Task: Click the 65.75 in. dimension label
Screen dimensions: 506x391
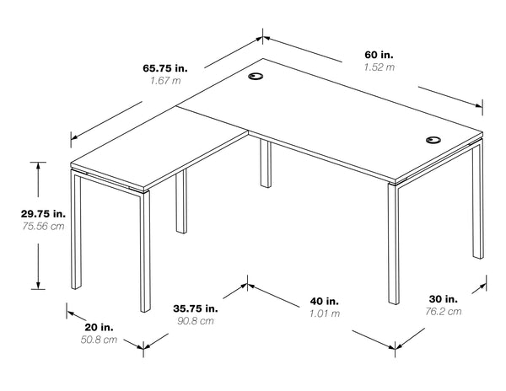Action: (165, 68)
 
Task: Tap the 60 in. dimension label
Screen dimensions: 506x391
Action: (379, 55)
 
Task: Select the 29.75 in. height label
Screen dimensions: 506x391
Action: (43, 213)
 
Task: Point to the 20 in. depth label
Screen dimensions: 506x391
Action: (99, 327)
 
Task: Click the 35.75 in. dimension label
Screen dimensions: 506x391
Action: (196, 308)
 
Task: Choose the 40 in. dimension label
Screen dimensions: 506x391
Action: (325, 301)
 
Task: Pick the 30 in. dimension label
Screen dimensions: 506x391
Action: (443, 299)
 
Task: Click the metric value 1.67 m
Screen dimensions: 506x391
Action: (165, 81)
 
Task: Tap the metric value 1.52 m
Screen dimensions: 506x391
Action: (379, 67)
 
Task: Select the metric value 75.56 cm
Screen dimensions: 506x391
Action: (43, 226)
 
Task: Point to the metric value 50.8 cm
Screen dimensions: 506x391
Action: (99, 340)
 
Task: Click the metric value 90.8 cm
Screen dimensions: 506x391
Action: (196, 321)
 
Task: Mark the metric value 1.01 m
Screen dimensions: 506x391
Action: (325, 313)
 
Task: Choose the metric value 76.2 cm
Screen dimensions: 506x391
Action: (443, 312)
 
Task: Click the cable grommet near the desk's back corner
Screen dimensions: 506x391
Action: (256, 77)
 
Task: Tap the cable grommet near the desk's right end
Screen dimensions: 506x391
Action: (433, 140)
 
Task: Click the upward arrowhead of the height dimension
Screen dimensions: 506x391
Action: (38, 166)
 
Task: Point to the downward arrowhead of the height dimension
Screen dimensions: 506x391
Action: (38, 286)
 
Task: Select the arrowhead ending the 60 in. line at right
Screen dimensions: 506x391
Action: (478, 105)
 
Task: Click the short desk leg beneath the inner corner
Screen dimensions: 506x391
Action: (266, 163)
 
